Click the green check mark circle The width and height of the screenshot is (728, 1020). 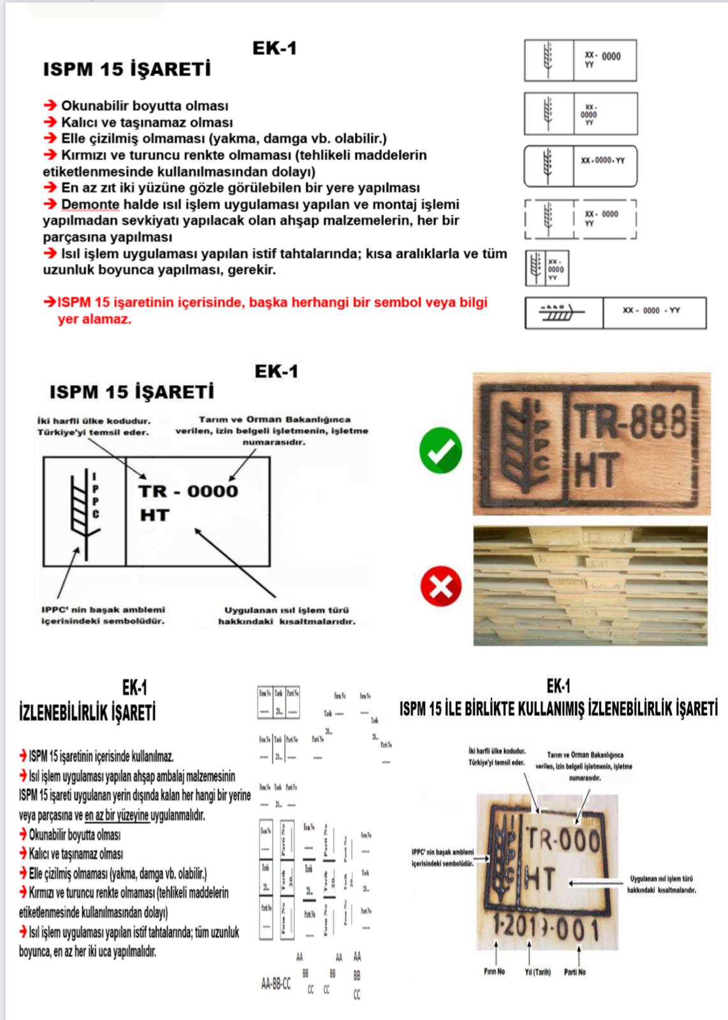(440, 450)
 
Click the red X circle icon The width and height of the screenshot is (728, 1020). (440, 586)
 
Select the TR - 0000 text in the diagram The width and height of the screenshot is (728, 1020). (188, 492)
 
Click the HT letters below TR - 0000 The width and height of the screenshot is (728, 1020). (155, 515)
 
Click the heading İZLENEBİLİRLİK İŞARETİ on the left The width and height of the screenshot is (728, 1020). (87, 712)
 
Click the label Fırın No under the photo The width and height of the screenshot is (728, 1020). (494, 972)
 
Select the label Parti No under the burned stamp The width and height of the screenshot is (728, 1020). (574, 972)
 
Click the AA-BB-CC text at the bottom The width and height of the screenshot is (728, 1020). (276, 984)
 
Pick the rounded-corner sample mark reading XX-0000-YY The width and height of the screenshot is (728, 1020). (580, 166)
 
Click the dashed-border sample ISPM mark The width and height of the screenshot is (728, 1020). (580, 219)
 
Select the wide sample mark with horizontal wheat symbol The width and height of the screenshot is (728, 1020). (615, 312)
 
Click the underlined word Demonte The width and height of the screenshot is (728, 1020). (90, 205)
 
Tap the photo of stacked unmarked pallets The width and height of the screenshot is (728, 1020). (590, 585)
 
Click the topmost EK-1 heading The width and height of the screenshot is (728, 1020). (275, 48)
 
